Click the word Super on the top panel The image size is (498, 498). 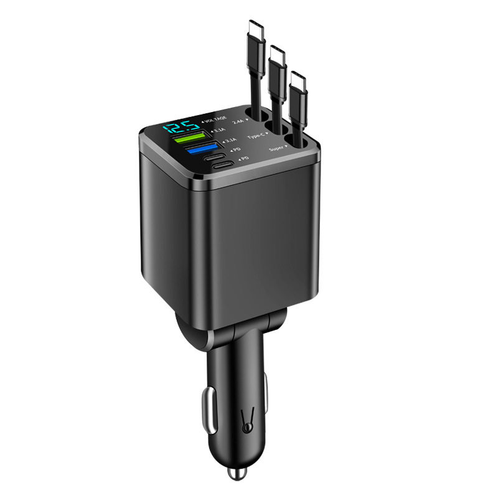(278, 149)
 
